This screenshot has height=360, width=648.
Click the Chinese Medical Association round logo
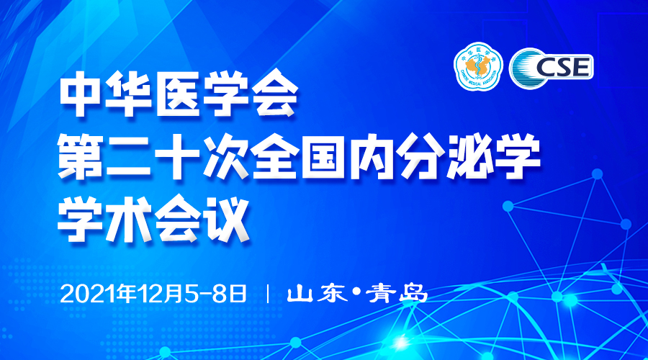click(x=478, y=66)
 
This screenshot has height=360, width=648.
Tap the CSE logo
click(x=552, y=68)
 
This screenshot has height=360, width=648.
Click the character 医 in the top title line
click(x=179, y=94)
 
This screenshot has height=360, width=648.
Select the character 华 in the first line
click(x=130, y=94)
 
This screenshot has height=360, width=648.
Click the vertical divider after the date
click(x=268, y=294)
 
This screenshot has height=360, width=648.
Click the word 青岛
click(x=396, y=294)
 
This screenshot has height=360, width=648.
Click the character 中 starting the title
click(x=81, y=94)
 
